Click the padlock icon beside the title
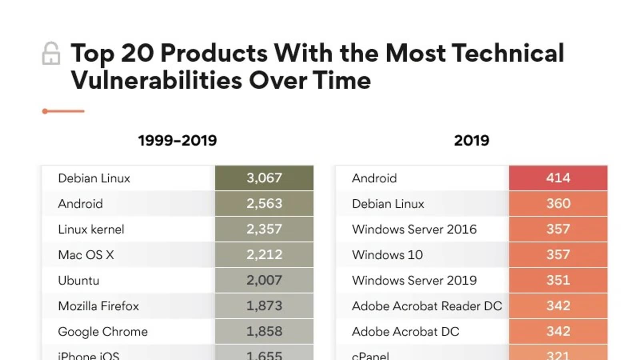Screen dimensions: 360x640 [x=51, y=54]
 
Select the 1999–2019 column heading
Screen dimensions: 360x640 [x=177, y=140]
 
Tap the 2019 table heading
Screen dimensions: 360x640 [x=472, y=140]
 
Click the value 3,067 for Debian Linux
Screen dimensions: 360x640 [x=264, y=178]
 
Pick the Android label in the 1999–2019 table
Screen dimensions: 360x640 [x=80, y=204]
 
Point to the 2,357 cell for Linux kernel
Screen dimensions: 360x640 [x=264, y=229]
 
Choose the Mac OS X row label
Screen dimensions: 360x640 [x=86, y=255]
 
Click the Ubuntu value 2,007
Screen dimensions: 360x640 [x=264, y=280]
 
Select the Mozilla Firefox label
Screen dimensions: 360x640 [x=98, y=306]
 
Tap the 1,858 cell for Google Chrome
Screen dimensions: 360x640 [x=264, y=332]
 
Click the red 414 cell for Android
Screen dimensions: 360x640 [x=558, y=178]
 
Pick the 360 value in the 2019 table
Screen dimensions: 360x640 [x=558, y=204]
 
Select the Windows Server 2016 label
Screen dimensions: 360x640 [x=414, y=229]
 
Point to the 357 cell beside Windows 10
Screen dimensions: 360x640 [x=558, y=255]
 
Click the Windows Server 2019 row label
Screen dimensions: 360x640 [x=414, y=280]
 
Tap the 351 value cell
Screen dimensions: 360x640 [x=558, y=280]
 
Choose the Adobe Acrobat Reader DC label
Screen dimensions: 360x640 [x=427, y=306]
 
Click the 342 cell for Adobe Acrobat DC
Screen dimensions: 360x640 [x=558, y=332]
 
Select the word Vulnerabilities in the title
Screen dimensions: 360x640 [x=156, y=80]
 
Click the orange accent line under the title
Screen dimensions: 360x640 [x=64, y=111]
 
